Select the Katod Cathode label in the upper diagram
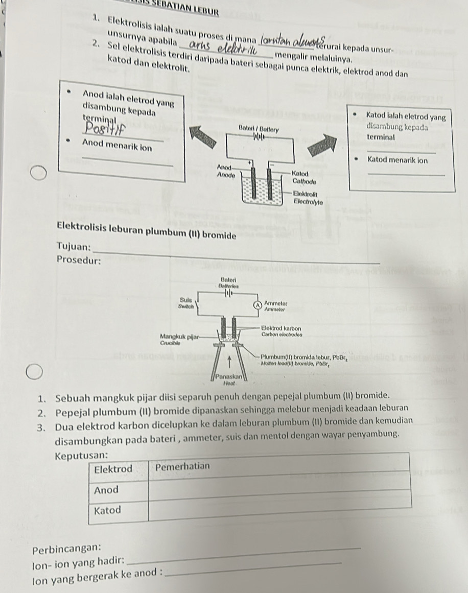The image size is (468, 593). click(305, 178)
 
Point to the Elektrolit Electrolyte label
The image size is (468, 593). click(310, 197)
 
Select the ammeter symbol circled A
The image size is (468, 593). click(259, 305)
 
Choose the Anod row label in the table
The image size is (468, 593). click(107, 490)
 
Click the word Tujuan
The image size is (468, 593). click(75, 247)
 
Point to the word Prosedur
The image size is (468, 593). click(78, 260)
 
